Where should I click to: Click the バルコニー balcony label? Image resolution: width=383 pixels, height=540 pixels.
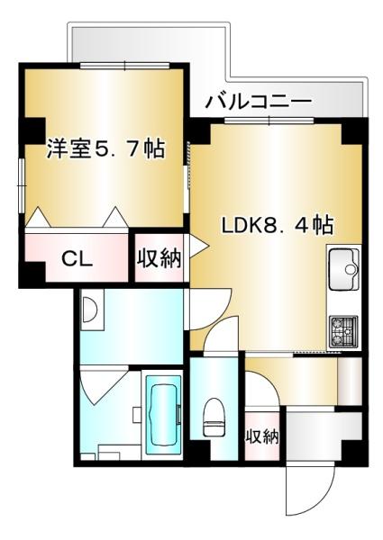(259, 100)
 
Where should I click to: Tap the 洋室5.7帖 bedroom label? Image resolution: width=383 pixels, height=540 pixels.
(105, 148)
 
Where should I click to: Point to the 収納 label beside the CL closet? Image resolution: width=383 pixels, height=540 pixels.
(159, 259)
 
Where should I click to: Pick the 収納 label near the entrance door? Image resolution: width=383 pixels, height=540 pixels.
(262, 437)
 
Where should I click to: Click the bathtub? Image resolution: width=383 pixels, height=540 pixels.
(163, 414)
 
